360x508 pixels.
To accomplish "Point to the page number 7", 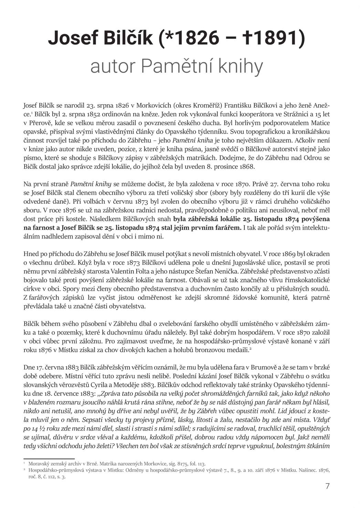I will [327, 486].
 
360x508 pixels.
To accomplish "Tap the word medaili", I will [236, 350].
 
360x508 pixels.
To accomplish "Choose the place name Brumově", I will [264, 367].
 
